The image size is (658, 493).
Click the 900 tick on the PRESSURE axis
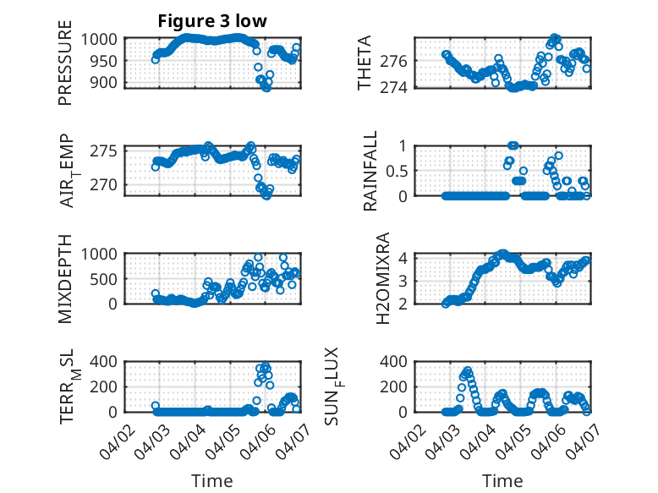tap(108, 82)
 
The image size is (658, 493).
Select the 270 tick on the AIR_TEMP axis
tap(108, 185)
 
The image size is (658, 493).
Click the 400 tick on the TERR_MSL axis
tap(108, 362)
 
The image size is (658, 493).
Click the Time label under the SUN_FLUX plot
tap(502, 481)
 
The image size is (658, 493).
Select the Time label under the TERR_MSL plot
tap(212, 481)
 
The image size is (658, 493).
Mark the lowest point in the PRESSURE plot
tap(266, 87)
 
